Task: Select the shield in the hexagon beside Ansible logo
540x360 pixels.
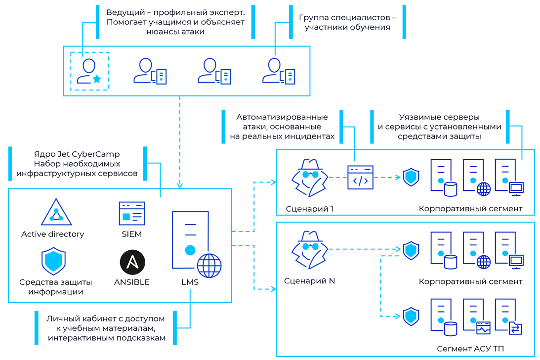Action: (51, 259)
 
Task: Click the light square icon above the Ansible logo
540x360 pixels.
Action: (126, 217)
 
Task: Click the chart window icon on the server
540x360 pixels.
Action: (483, 327)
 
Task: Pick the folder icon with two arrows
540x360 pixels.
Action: (515, 327)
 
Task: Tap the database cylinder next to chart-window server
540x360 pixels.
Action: (450, 328)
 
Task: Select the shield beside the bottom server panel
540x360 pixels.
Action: (411, 316)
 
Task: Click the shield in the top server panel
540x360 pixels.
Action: (411, 177)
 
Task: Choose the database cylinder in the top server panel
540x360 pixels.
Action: (450, 188)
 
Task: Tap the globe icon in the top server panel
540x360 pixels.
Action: (483, 188)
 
